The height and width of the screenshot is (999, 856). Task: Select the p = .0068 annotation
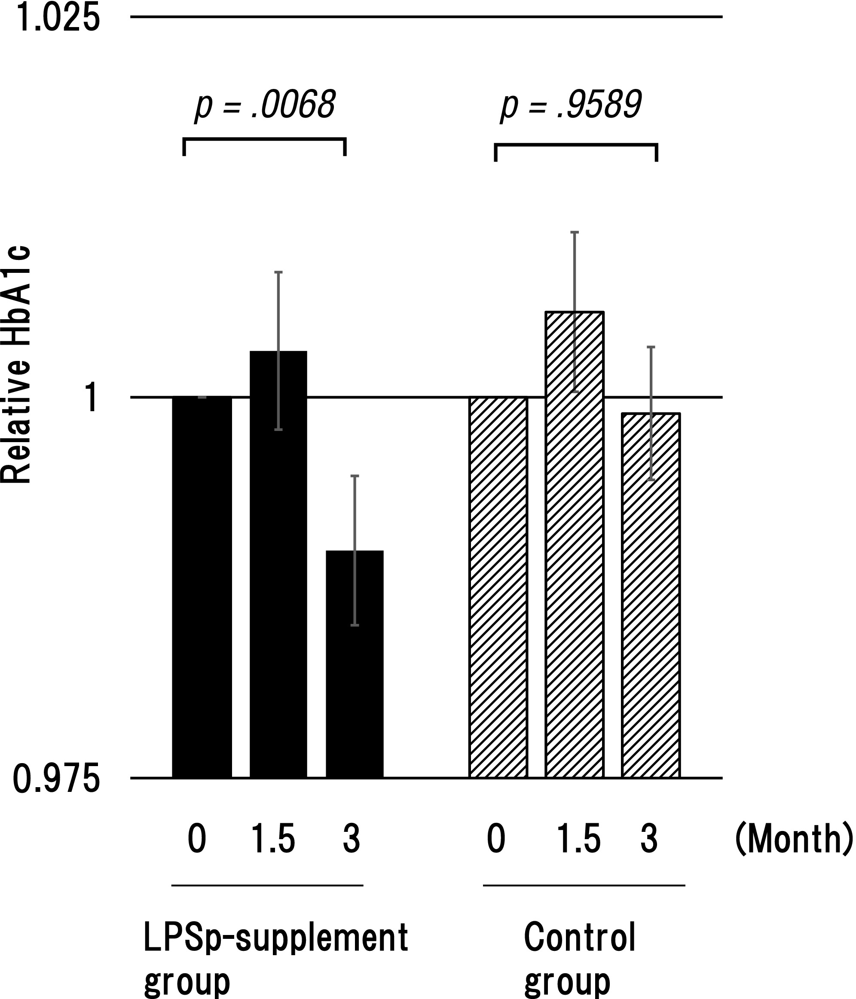(265, 105)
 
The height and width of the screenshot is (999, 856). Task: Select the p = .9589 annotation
(571, 105)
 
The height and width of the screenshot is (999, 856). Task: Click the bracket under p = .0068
(264, 141)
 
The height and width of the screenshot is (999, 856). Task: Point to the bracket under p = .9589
(576, 146)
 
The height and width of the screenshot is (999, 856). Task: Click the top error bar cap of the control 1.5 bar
(575, 232)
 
